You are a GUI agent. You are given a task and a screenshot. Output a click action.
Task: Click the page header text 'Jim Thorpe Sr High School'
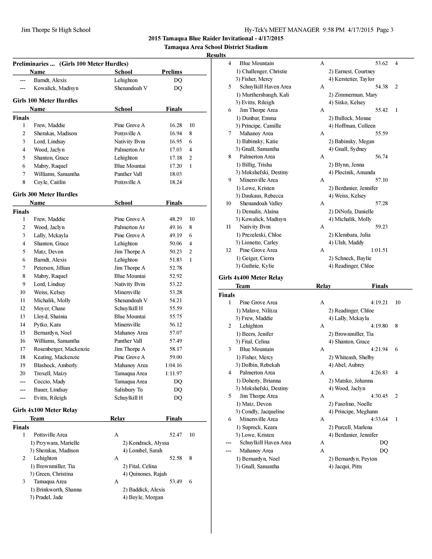click(x=56, y=30)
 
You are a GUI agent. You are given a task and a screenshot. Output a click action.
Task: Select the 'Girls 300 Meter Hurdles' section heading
click(x=45, y=194)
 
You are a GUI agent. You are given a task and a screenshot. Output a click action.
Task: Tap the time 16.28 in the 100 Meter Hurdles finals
click(x=176, y=125)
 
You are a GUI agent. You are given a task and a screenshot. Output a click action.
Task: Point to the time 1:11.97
click(x=173, y=374)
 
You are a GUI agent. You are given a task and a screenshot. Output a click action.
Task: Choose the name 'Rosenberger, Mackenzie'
click(x=62, y=349)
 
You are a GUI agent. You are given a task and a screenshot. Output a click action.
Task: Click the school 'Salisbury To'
click(x=128, y=390)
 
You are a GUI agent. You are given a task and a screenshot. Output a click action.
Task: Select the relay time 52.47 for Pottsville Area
click(x=176, y=435)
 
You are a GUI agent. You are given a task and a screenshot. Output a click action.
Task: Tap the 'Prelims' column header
click(x=172, y=72)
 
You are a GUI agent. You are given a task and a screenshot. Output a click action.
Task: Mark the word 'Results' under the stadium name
click(x=216, y=55)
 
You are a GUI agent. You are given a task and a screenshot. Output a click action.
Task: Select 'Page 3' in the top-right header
click(x=385, y=30)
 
